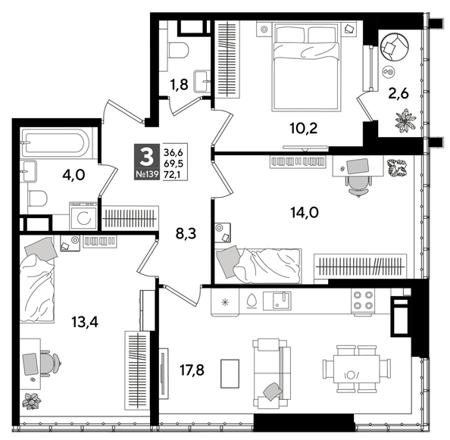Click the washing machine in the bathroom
point(83,216)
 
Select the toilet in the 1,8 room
point(178,51)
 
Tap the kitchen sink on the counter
point(281,300)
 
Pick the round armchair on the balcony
point(393,48)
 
